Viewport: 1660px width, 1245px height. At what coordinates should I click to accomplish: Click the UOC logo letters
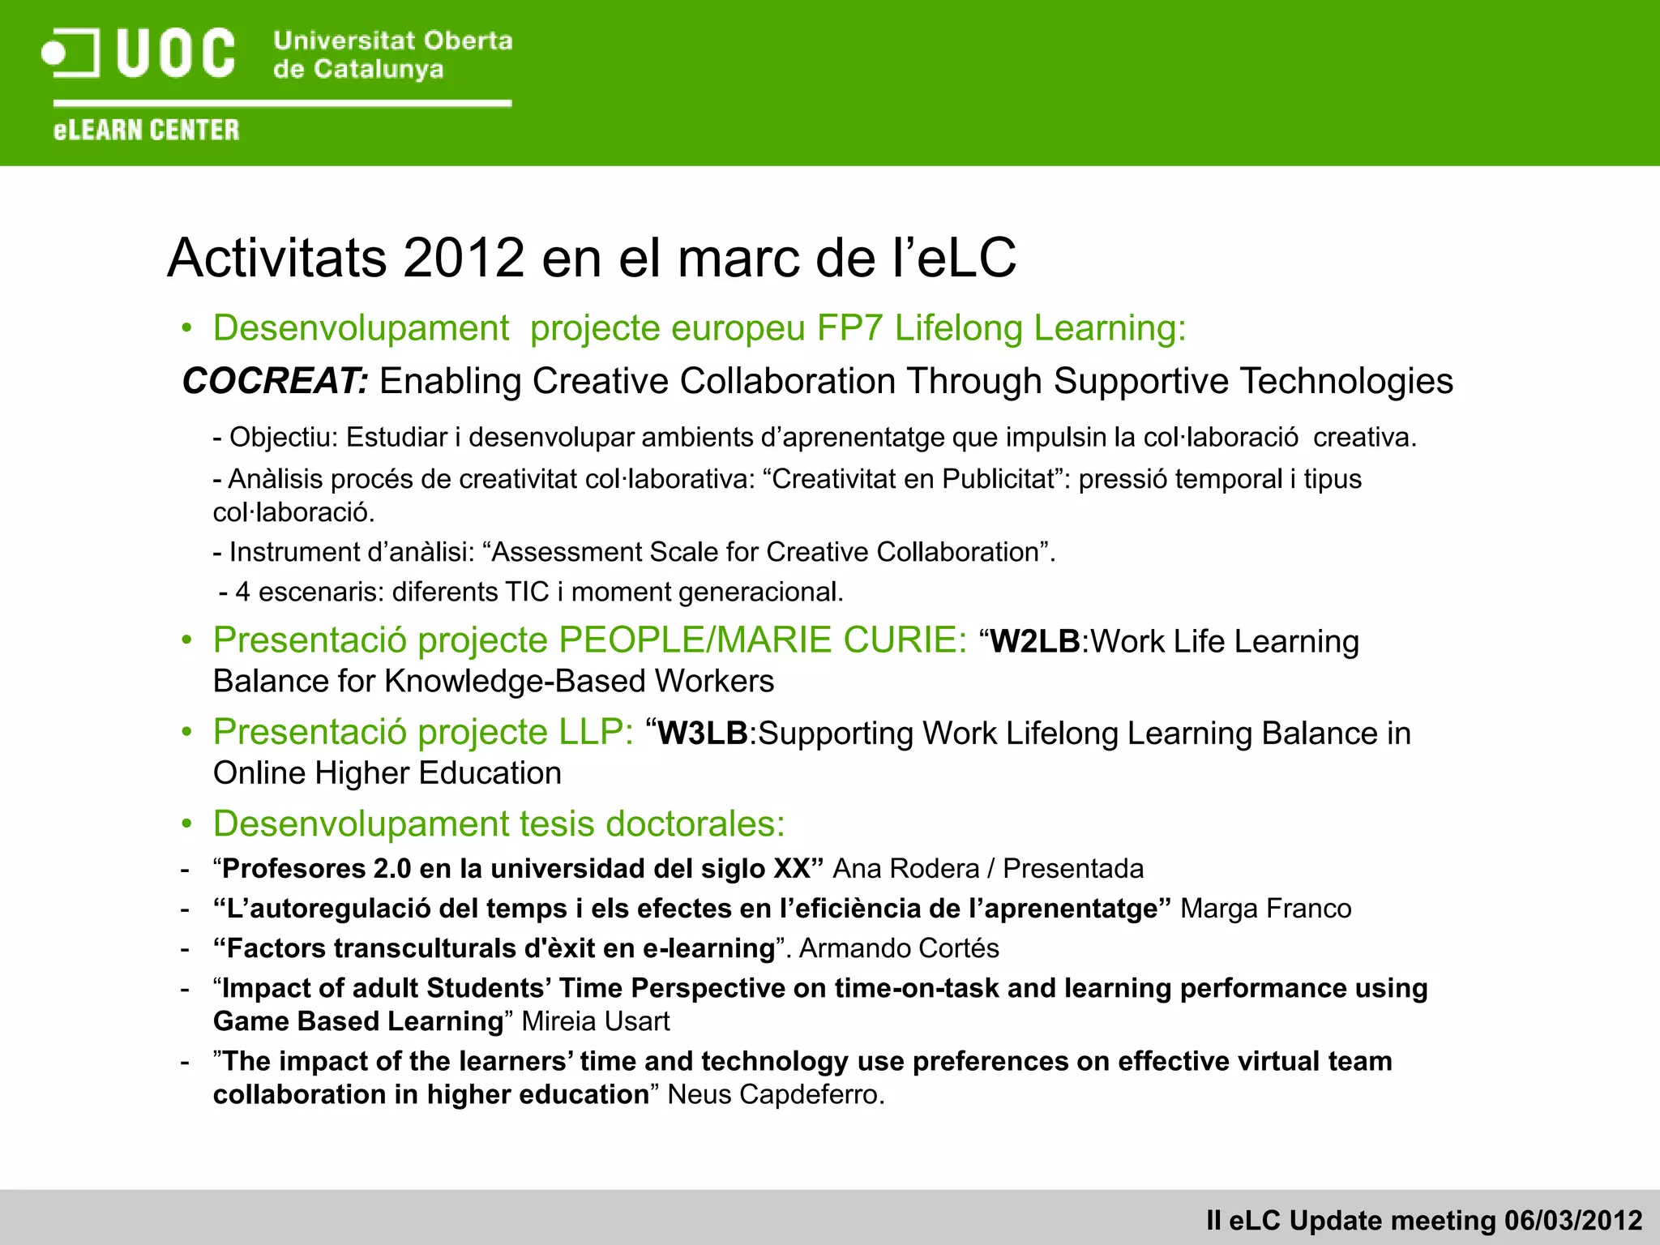point(176,53)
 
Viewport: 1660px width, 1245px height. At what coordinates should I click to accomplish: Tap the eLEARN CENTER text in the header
point(147,130)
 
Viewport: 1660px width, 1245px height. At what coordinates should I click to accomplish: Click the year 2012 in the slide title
point(463,258)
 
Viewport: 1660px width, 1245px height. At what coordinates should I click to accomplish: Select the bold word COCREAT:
point(276,381)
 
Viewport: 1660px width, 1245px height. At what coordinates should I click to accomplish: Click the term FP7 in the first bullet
point(850,328)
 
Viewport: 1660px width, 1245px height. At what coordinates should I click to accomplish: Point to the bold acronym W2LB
point(1035,642)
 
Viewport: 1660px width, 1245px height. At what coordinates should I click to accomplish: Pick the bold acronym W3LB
point(702,734)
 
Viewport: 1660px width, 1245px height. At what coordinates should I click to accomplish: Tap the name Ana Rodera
point(906,869)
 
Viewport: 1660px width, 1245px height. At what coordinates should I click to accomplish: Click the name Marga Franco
point(1265,909)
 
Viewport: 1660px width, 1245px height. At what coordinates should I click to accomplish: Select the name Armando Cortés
point(899,948)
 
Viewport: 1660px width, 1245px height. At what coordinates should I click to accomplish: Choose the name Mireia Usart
point(596,1021)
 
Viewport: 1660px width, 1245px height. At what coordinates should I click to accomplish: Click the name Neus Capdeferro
point(774,1094)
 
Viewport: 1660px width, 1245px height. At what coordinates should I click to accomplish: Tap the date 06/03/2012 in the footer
point(1572,1221)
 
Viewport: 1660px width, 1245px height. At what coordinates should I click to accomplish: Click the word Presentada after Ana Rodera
point(1073,869)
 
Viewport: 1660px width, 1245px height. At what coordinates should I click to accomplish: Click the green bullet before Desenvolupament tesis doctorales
point(187,824)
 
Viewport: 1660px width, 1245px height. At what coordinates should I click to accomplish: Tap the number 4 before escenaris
point(242,593)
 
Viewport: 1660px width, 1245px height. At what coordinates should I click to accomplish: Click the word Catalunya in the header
point(379,70)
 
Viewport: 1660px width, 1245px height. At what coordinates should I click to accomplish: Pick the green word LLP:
point(596,732)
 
